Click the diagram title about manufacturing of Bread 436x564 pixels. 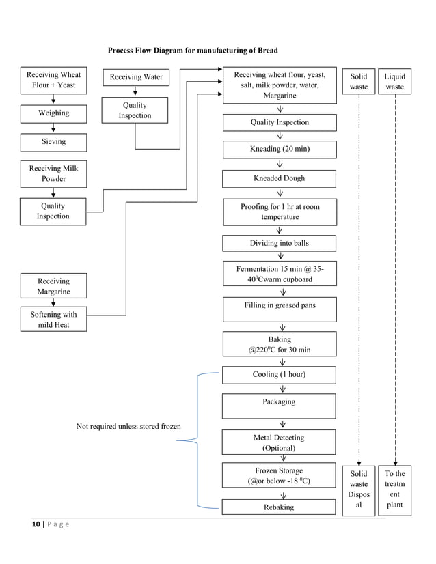click(193, 51)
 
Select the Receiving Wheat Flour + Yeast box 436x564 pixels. click(53, 81)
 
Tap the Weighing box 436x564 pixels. click(53, 113)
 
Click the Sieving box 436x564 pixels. click(53, 142)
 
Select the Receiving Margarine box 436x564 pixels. click(53, 286)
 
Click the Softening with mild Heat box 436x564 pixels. click(53, 320)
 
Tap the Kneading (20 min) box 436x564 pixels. click(280, 150)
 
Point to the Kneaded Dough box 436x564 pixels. click(280, 179)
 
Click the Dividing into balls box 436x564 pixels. click(280, 244)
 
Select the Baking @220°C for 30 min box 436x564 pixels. click(280, 344)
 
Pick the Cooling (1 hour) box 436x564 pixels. click(280, 375)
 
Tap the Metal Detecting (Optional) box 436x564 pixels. click(280, 442)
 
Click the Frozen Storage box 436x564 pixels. click(280, 476)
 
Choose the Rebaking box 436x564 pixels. click(280, 507)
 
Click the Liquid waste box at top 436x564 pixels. click(395, 82)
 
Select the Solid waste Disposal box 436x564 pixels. click(359, 490)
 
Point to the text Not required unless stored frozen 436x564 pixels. click(128, 427)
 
